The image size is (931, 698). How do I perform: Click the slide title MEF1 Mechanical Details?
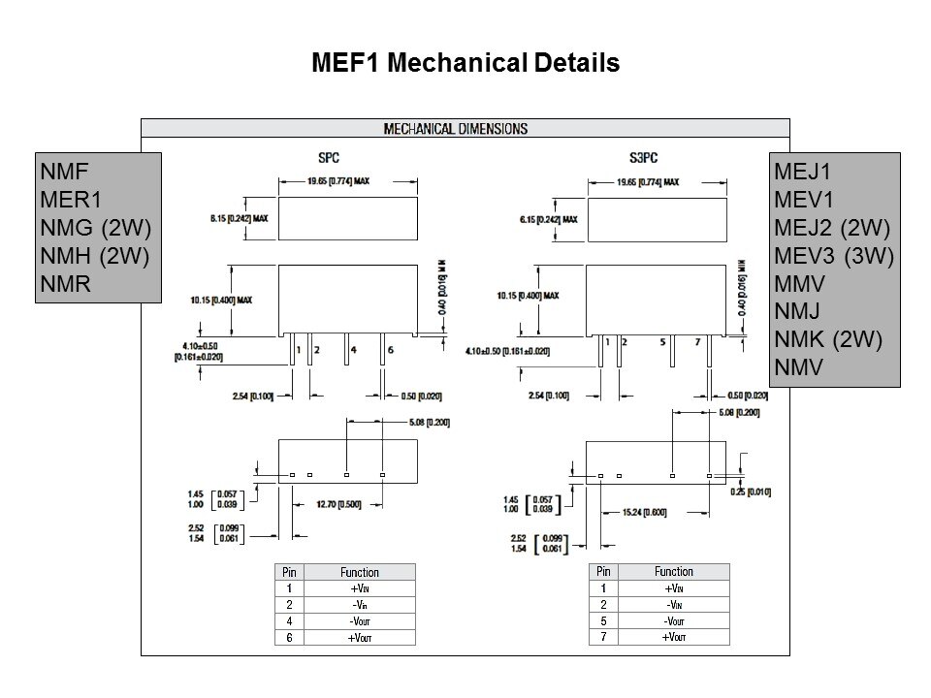coord(465,64)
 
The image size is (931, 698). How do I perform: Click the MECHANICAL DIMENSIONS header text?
coord(456,128)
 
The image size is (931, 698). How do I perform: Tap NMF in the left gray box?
coord(66,171)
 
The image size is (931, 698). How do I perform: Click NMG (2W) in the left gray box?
coord(97,228)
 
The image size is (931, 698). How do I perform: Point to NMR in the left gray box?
coord(66,285)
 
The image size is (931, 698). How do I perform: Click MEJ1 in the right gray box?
coord(803,171)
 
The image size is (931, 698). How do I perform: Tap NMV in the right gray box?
coord(799,368)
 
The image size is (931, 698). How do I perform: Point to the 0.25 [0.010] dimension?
coord(751,492)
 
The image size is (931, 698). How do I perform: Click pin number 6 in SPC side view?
coord(390,349)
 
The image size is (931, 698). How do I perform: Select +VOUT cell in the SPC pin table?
coord(360,637)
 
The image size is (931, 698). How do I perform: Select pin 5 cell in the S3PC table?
coord(603,620)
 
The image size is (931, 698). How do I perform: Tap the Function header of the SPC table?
coord(360,572)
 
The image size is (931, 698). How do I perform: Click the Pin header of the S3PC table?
coord(603,571)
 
